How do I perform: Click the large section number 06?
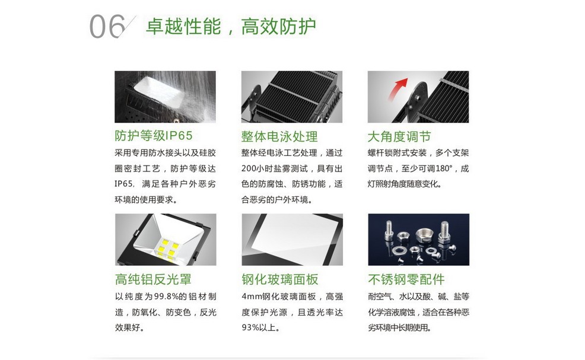[x=107, y=27]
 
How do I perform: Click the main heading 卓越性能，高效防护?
[x=231, y=26]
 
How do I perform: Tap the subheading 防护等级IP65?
[x=153, y=135]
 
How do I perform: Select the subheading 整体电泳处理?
[x=279, y=136]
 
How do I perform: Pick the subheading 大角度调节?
[x=399, y=136]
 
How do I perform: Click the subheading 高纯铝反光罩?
[x=153, y=279]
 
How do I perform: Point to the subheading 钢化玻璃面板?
[x=280, y=279]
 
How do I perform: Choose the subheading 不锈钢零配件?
[x=406, y=279]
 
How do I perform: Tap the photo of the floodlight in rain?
[x=165, y=97]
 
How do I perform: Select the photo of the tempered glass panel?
[x=292, y=240]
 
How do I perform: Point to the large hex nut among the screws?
[x=424, y=235]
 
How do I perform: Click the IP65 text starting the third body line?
[x=123, y=184]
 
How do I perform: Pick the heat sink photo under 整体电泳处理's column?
[x=292, y=97]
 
